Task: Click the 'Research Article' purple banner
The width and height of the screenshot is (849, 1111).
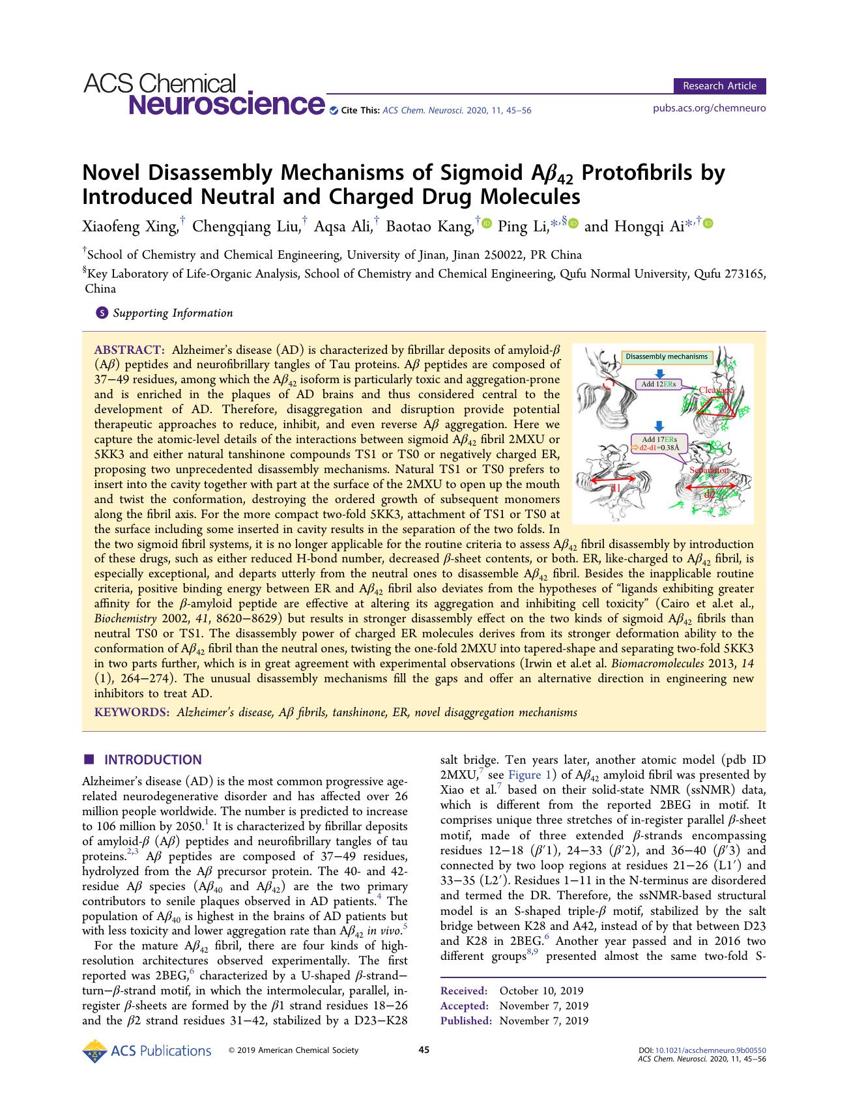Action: (719, 86)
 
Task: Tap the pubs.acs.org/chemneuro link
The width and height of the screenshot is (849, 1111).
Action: (709, 108)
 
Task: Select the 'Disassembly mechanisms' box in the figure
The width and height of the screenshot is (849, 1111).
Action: (666, 356)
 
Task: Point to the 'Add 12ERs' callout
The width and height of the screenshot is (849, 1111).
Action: (659, 384)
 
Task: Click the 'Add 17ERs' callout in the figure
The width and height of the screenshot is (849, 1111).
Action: (659, 444)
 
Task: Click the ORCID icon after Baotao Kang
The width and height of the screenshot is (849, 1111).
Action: (486, 224)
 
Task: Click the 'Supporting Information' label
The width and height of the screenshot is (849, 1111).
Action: (172, 313)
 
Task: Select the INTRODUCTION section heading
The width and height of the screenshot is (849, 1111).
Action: (153, 760)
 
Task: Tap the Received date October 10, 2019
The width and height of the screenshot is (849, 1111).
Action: (541, 991)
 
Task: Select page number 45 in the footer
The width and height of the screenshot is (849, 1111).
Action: (424, 1050)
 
